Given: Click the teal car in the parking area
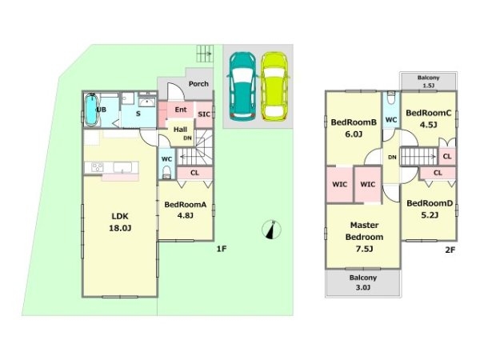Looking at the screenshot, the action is tap(242, 86).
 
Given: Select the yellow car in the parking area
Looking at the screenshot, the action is tap(274, 86).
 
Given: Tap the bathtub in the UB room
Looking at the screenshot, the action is tap(91, 110).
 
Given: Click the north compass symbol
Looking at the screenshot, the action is tap(271, 230).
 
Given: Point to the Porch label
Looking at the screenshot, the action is tap(198, 83).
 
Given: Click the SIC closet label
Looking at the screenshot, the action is tap(204, 114).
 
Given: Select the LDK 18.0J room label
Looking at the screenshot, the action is tap(120, 222).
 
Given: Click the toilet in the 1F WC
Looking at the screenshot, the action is tap(167, 172).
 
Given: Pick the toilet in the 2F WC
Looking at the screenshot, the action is tap(391, 98).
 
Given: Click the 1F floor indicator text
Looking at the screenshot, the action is tap(222, 249).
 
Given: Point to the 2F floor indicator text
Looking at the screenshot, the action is tap(450, 250).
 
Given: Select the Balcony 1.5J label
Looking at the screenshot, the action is tap(429, 82).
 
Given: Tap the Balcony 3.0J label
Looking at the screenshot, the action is tap(363, 282).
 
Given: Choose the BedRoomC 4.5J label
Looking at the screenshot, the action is tap(429, 118).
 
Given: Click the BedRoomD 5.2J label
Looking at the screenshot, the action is tap(430, 209).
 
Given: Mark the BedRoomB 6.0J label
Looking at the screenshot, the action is tap(354, 128).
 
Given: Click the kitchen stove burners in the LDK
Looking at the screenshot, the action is tap(98, 167).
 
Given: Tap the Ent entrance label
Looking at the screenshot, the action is tap(181, 110).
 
